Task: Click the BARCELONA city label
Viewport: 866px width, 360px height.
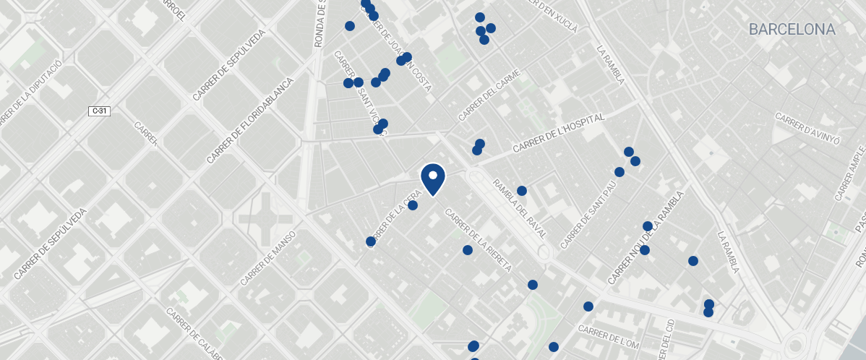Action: pyautogui.click(x=792, y=30)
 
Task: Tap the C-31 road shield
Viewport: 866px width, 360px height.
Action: pyautogui.click(x=99, y=111)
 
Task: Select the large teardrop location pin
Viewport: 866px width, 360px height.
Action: pyautogui.click(x=432, y=179)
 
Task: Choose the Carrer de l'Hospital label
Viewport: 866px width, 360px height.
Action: pyautogui.click(x=558, y=132)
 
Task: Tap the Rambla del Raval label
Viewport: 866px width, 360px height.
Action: pyautogui.click(x=518, y=214)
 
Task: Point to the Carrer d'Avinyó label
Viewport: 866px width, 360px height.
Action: pyautogui.click(x=807, y=129)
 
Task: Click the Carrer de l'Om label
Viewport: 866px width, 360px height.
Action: pyautogui.click(x=609, y=335)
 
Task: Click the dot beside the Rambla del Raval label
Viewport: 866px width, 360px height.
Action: pyautogui.click(x=522, y=191)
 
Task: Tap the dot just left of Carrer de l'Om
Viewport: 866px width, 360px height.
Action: pyautogui.click(x=554, y=347)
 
